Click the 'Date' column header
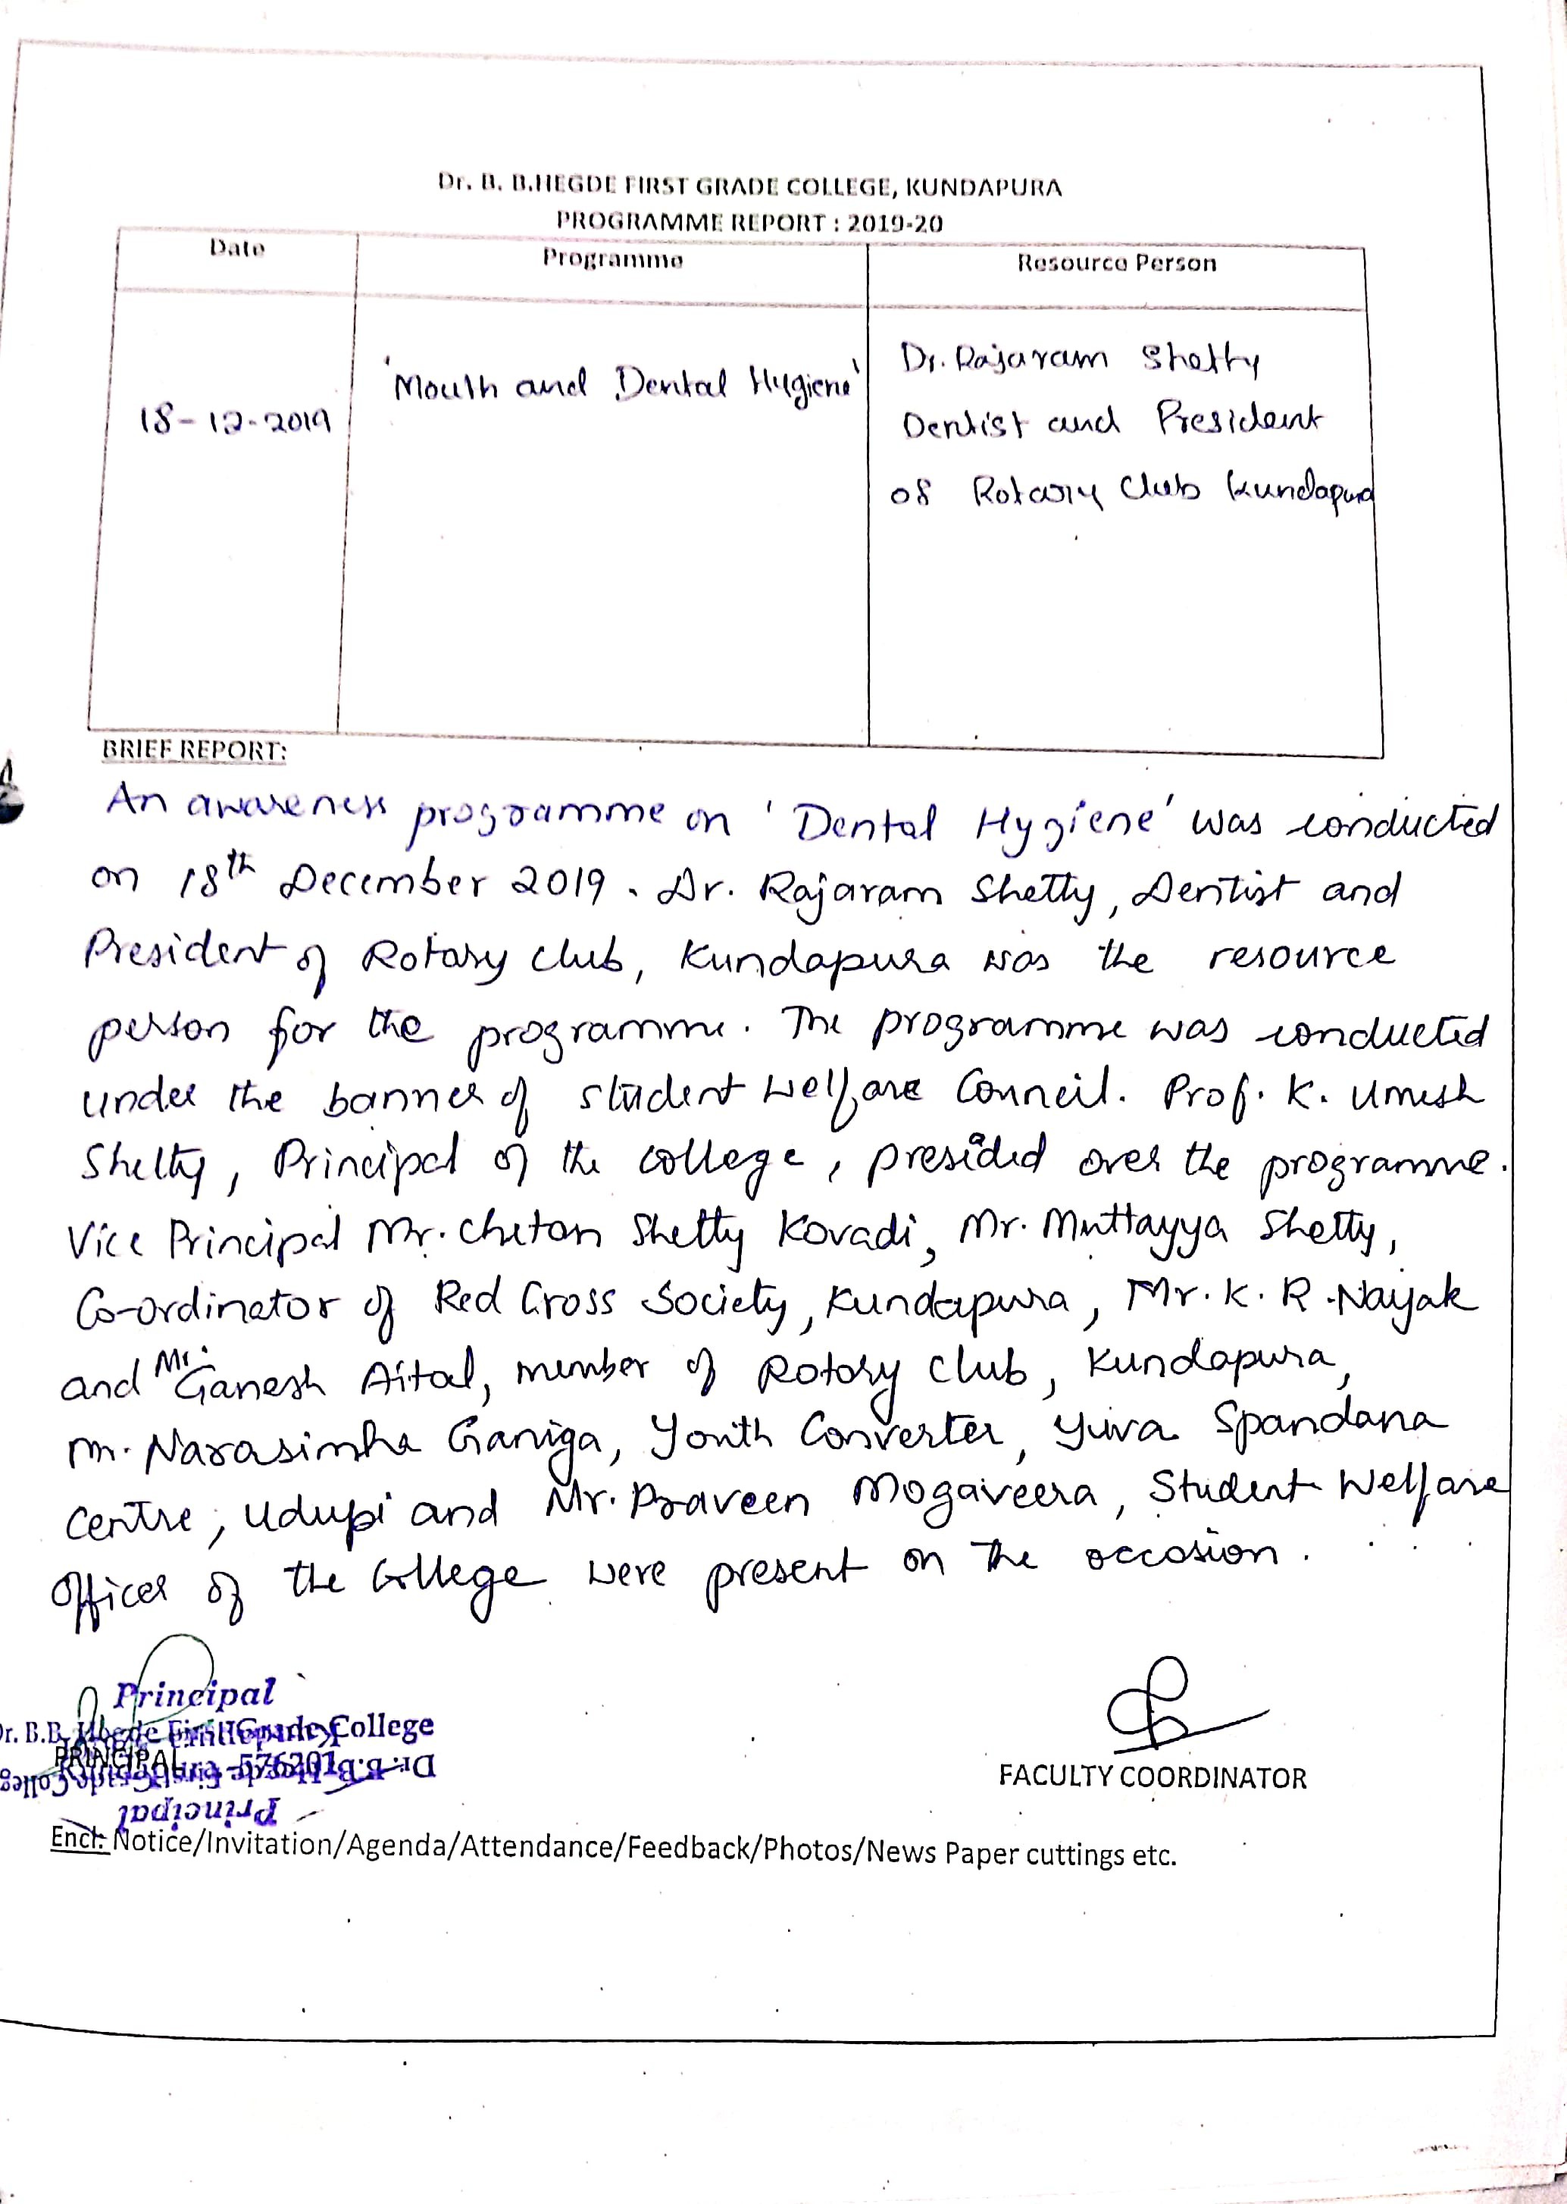[x=236, y=248]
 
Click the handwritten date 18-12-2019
[x=234, y=421]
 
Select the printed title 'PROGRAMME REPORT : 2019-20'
[x=749, y=222]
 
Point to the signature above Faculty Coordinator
[x=1172, y=1709]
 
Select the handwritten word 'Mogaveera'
[x=974, y=1497]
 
